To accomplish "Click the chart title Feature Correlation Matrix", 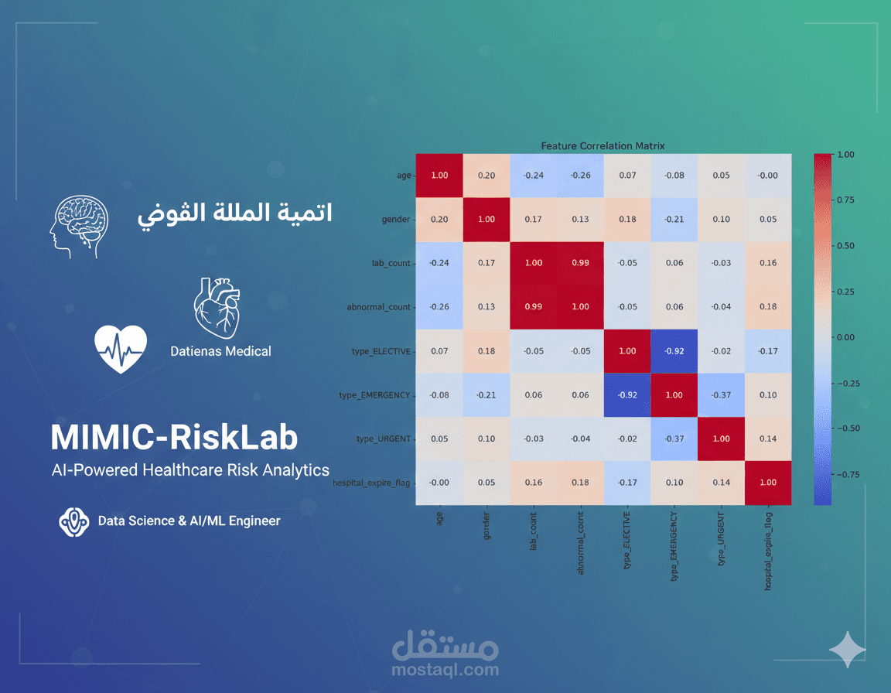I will (603, 145).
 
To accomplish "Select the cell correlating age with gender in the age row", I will (486, 176).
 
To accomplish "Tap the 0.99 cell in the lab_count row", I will (580, 263).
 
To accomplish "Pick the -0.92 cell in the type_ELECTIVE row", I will (674, 351).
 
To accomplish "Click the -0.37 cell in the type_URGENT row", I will (674, 439).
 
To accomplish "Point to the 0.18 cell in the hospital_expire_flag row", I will (580, 483).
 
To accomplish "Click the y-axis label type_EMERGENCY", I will (374, 395).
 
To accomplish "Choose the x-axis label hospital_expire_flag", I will (767, 550).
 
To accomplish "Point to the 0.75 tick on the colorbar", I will (846, 200).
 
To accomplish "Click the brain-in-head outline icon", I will (78, 225).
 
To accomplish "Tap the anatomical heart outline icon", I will (216, 309).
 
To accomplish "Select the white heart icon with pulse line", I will (120, 349).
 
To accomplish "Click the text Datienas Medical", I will (220, 351).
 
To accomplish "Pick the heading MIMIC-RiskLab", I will (174, 438).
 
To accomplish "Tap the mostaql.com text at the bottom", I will (445, 670).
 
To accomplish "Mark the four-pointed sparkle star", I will (847, 650).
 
